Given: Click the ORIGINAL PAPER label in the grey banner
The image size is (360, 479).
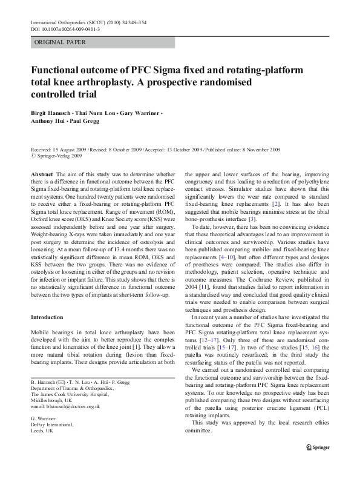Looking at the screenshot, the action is point(61,42).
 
